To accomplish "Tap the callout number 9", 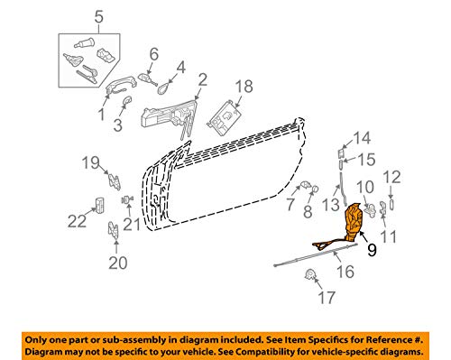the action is coord(372,250).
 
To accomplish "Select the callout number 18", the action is coord(244,86).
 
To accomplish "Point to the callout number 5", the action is coord(99,17).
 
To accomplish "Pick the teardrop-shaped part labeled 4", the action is coord(164,88).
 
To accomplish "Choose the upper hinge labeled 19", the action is coord(115,181).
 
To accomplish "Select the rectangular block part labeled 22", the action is coord(100,205).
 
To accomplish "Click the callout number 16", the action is coord(345,272).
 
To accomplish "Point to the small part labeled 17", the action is coord(310,275).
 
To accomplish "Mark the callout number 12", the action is coord(391,177).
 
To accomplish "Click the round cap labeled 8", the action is coord(315,189).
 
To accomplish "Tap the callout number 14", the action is coord(361,138).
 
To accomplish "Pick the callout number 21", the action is coord(132,224).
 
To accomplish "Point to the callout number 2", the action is coord(202,79).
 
